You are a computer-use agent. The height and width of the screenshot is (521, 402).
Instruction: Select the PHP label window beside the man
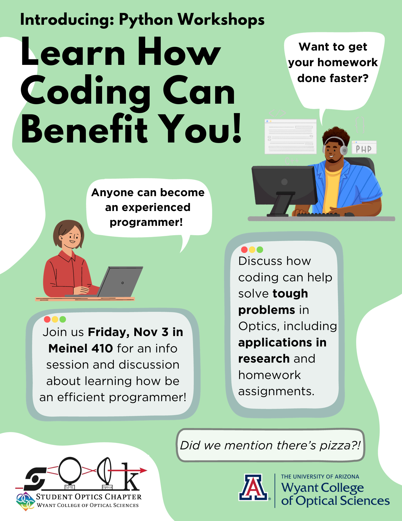364,148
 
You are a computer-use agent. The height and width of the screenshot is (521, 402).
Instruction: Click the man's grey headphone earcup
344,150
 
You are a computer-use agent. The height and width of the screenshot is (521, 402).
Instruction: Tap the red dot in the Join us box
47,319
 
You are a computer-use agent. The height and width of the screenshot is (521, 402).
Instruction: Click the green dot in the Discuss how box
260,250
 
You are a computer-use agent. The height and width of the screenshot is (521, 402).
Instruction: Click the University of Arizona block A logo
253,487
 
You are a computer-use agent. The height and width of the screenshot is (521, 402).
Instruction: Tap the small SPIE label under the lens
69,487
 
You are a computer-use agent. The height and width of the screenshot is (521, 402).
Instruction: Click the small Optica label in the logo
107,487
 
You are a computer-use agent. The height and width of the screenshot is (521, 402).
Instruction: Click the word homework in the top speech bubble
347,63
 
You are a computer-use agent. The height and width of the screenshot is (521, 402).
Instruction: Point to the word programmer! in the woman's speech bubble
146,222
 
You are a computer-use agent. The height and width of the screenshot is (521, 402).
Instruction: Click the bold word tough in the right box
290,294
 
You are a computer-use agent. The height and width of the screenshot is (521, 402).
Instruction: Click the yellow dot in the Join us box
55,319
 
